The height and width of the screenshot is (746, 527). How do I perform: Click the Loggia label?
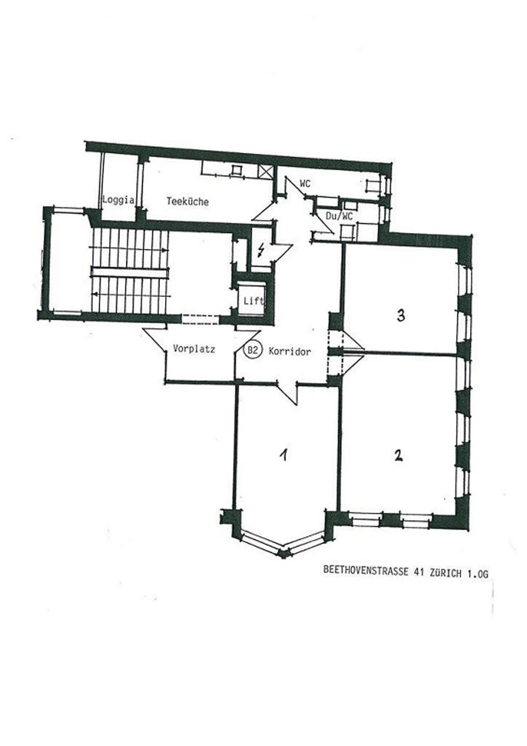coord(118,200)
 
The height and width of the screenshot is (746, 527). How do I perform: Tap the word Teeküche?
coord(187,201)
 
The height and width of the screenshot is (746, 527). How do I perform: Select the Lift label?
coord(254,301)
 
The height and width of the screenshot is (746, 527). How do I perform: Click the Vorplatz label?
coord(194,349)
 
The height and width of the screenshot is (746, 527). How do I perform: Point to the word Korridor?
coord(290,352)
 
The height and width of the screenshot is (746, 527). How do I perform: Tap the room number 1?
coord(283,455)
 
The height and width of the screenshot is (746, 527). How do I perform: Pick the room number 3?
coord(401,315)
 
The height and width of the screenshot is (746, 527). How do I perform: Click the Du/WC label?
coord(339,216)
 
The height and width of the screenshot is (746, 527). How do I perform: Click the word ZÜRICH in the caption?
coord(445,573)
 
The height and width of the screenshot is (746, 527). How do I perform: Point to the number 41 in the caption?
coord(419,572)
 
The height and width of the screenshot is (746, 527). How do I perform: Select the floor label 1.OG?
coord(477,574)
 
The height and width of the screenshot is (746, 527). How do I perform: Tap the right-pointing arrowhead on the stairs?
coord(167,250)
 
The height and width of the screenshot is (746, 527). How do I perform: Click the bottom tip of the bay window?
coord(283,557)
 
